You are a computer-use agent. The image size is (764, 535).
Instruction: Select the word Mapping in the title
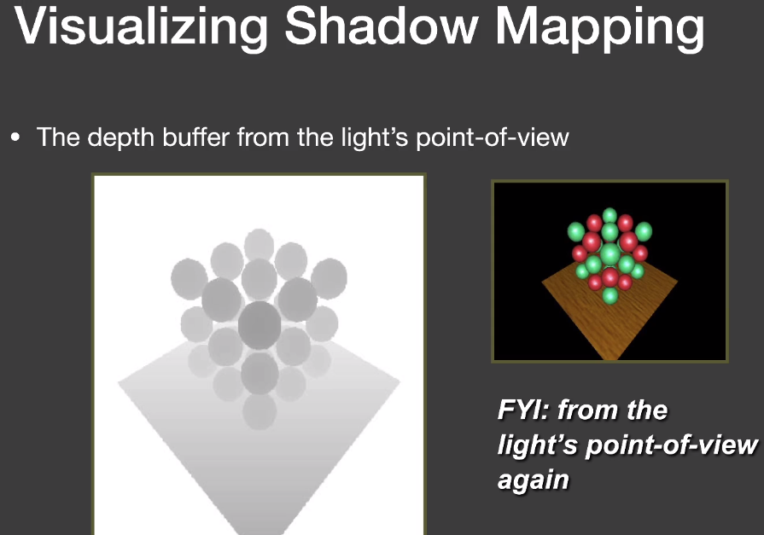(x=600, y=28)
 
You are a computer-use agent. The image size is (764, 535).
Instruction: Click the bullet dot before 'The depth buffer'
(x=15, y=137)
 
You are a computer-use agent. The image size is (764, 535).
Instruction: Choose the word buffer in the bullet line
(x=195, y=137)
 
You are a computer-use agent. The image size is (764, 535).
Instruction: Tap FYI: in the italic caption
(x=523, y=410)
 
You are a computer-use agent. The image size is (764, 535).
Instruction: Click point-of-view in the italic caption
(x=672, y=445)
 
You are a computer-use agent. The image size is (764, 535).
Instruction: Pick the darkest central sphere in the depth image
(x=260, y=325)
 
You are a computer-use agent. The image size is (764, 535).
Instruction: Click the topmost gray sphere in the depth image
(x=259, y=245)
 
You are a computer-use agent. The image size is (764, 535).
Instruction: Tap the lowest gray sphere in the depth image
(x=260, y=412)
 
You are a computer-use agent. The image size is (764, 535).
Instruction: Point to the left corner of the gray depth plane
(x=119, y=383)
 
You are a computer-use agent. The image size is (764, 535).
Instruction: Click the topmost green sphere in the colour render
(x=609, y=215)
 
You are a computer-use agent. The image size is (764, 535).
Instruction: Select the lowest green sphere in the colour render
(x=609, y=295)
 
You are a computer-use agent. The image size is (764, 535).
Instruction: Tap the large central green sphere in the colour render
(x=609, y=254)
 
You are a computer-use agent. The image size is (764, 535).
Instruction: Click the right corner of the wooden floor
(x=677, y=282)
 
